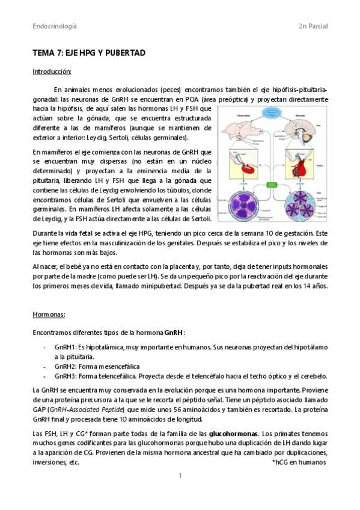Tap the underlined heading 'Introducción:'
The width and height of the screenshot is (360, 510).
(x=52, y=72)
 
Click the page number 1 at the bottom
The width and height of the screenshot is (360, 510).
(x=180, y=476)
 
